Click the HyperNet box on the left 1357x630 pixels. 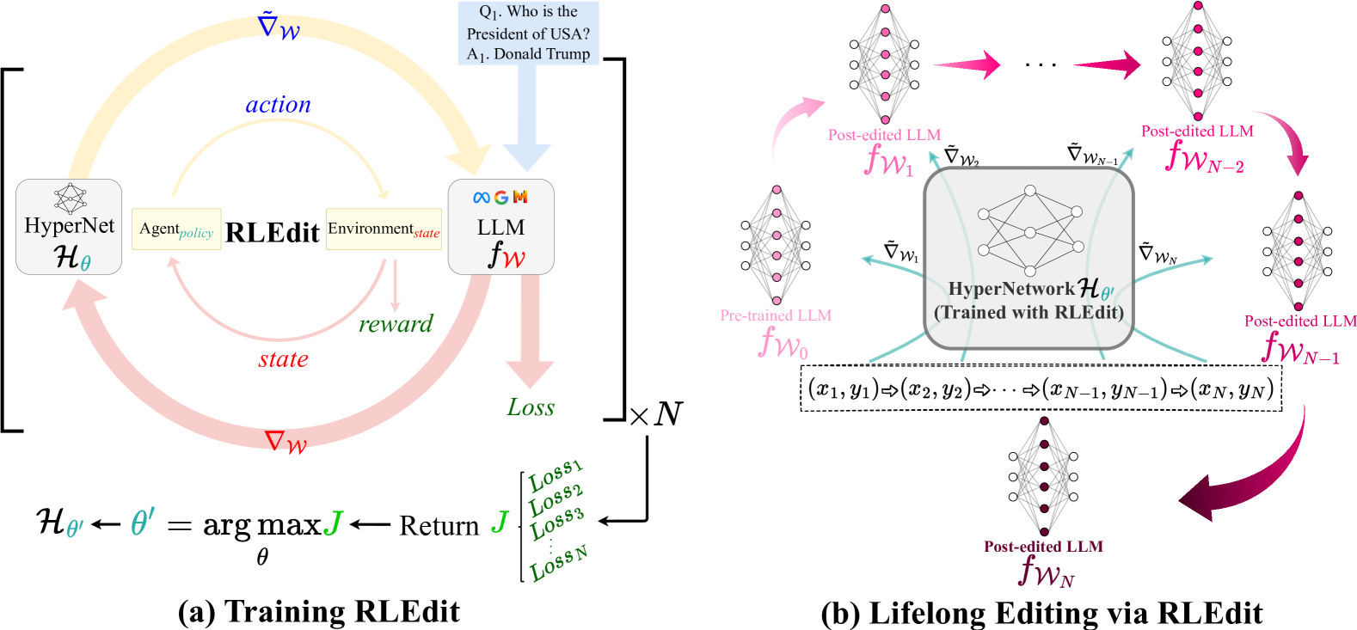[69, 227]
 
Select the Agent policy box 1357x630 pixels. [176, 229]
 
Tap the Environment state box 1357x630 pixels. [384, 229]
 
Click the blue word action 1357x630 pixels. [279, 105]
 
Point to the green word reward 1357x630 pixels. [396, 324]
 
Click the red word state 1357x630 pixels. [283, 359]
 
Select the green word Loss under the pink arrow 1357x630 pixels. [531, 407]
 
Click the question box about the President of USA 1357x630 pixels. [528, 33]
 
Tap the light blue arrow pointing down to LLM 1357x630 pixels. [526, 120]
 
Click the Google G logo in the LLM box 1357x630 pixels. [500, 198]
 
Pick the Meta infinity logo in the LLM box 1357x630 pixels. [482, 198]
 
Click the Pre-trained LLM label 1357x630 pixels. [776, 315]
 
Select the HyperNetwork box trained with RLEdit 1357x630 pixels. [1028, 258]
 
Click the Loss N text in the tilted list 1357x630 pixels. [559, 564]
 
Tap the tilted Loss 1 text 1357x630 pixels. [556, 474]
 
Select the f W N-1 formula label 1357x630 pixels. [1300, 348]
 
